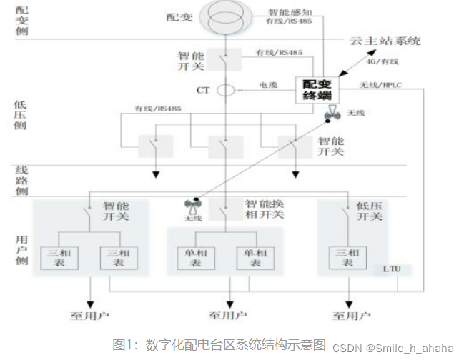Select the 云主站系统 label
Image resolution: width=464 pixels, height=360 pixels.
pyautogui.click(x=385, y=41)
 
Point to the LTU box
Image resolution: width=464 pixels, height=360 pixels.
pyautogui.click(x=392, y=269)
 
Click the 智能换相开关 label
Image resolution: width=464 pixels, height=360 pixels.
pyautogui.click(x=265, y=209)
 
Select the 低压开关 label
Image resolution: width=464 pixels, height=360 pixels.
pyautogui.click(x=369, y=211)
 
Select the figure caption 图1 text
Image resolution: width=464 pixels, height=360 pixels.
pyautogui.click(x=219, y=344)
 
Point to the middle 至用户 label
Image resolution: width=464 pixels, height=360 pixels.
pyautogui.click(x=229, y=314)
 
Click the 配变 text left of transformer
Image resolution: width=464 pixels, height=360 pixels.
pyautogui.click(x=179, y=16)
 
